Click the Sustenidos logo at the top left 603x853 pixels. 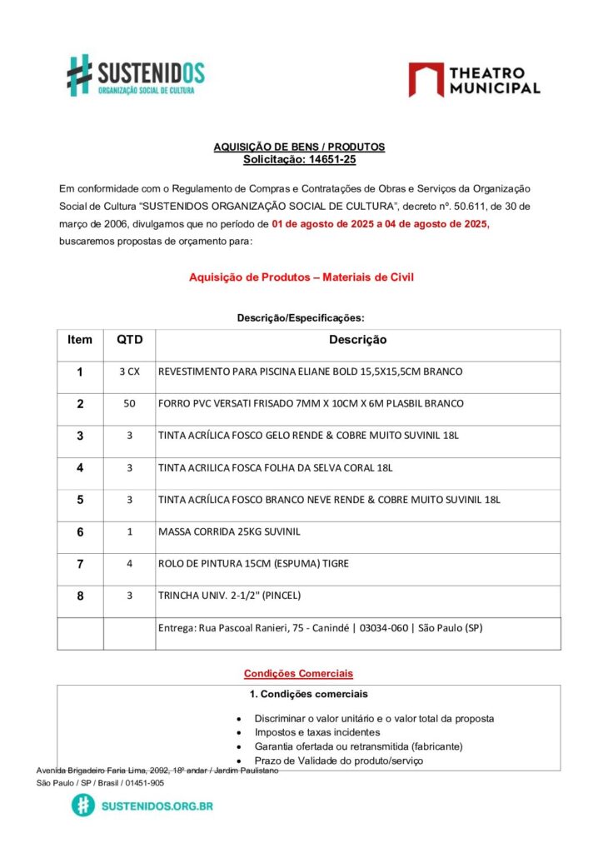pyautogui.click(x=135, y=75)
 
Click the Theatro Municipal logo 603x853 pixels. pyautogui.click(x=474, y=80)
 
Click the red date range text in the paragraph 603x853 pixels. pyautogui.click(x=380, y=224)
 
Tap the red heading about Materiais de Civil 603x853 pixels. pyautogui.click(x=301, y=277)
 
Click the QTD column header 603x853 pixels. pyautogui.click(x=129, y=340)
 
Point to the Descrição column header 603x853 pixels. pyautogui.click(x=357, y=340)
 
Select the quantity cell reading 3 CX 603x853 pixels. pyautogui.click(x=129, y=372)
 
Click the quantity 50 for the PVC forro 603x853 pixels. pyautogui.click(x=129, y=403)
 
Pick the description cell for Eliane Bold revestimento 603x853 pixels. pyautogui.click(x=310, y=372)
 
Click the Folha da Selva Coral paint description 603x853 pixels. pyautogui.click(x=275, y=467)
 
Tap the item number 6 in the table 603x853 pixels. pyautogui.click(x=80, y=531)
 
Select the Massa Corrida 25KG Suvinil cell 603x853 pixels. pyautogui.click(x=229, y=531)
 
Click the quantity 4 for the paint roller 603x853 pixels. pyautogui.click(x=129, y=563)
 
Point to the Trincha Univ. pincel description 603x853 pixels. pyautogui.click(x=229, y=596)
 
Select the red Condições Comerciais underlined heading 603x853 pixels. pyautogui.click(x=298, y=673)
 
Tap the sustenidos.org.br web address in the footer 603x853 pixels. pyautogui.click(x=157, y=806)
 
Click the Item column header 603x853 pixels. pyautogui.click(x=80, y=340)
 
